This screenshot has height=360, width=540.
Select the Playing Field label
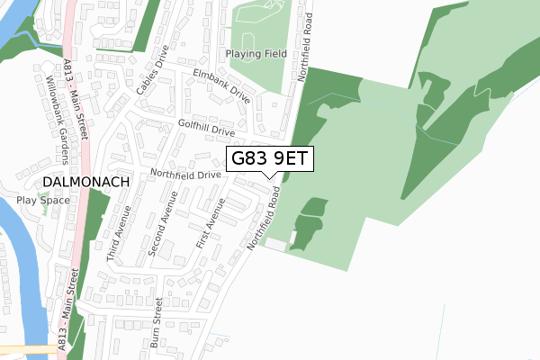tap(256, 53)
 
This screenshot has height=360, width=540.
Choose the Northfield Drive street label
tap(185, 174)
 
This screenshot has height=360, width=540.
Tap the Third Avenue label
tap(119, 232)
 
